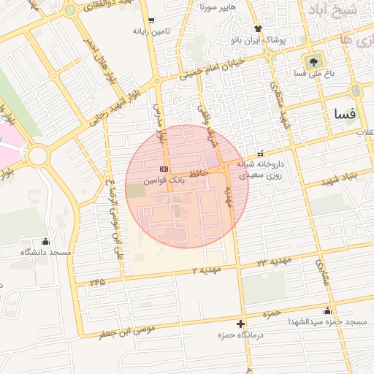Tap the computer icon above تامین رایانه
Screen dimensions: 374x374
(x=151, y=20)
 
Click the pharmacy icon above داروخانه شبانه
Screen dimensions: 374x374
(x=261, y=154)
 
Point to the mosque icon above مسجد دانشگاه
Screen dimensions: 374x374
(x=46, y=242)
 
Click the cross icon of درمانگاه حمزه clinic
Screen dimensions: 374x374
(x=240, y=324)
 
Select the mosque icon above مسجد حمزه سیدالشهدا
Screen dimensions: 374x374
(x=327, y=311)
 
